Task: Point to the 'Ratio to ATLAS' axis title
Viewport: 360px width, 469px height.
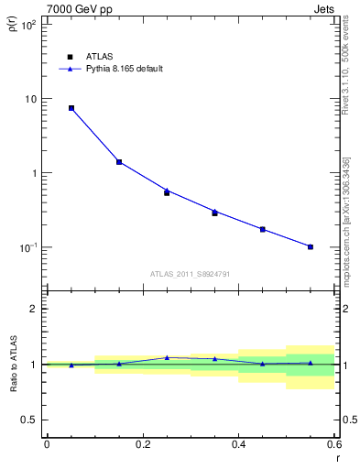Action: click(x=12, y=365)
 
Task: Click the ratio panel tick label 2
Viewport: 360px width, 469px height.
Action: click(x=34, y=309)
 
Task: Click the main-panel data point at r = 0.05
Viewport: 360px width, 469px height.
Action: click(x=71, y=108)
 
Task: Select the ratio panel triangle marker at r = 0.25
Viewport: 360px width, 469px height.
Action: click(x=167, y=357)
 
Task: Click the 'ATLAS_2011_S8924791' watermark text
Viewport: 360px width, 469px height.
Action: click(x=190, y=273)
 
